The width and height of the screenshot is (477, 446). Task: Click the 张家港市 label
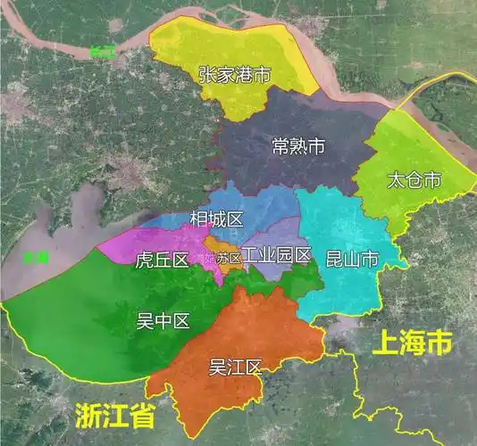(x=234, y=75)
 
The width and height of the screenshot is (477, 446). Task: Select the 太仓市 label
(x=414, y=180)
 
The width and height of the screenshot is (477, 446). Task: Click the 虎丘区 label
(x=162, y=260)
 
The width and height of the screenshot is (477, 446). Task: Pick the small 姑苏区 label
(x=224, y=259)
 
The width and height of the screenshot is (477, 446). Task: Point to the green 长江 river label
(x=103, y=52)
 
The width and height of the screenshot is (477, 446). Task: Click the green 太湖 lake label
(x=37, y=258)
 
